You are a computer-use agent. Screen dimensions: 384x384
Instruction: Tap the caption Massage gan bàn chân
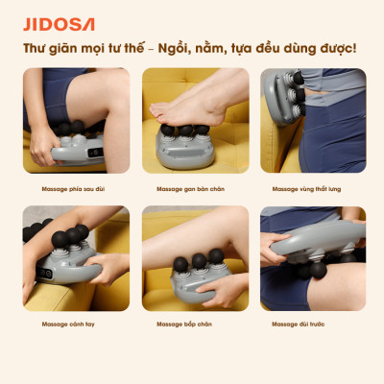click(x=191, y=189)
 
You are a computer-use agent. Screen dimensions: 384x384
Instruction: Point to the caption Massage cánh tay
click(x=68, y=324)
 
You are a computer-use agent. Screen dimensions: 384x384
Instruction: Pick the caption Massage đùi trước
click(x=301, y=324)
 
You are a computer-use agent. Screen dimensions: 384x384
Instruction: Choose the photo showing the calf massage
click(x=192, y=257)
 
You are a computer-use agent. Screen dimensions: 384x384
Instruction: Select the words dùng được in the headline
click(x=325, y=49)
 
